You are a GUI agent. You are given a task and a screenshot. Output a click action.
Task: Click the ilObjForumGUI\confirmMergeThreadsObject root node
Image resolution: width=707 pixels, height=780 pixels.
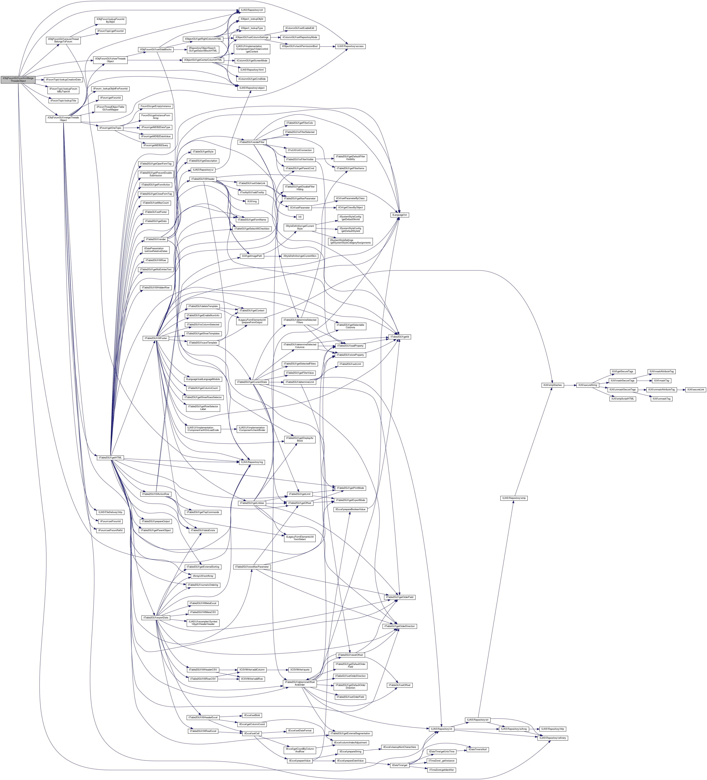point(18,79)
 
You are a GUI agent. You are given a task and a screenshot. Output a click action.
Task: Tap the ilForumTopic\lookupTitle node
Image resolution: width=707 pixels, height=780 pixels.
point(63,101)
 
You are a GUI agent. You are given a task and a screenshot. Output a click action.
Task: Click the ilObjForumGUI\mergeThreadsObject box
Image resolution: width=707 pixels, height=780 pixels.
point(63,119)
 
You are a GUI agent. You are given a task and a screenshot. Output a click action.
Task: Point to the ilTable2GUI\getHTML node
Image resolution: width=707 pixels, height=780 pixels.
point(110,458)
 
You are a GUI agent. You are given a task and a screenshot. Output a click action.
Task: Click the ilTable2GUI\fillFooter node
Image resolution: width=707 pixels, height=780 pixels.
point(156,338)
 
